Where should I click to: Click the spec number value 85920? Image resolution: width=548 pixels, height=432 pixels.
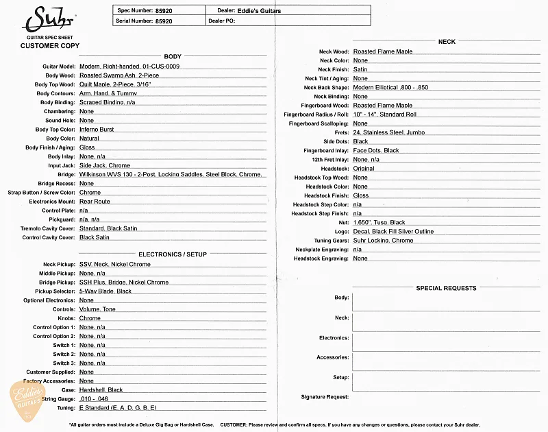tap(164, 11)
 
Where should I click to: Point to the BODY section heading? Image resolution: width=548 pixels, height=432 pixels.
tap(173, 56)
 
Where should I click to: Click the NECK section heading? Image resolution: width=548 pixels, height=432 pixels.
tap(447, 42)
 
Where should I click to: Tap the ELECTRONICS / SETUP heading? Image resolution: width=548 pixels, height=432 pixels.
tap(172, 254)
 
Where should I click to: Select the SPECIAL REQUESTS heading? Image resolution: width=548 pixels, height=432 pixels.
tap(447, 288)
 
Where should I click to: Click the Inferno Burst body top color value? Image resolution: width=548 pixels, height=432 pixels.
tap(97, 130)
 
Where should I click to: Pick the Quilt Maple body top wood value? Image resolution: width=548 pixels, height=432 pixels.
tap(114, 84)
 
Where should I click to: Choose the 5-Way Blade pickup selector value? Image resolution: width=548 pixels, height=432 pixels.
tap(105, 291)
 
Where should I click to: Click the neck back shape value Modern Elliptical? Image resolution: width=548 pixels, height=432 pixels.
tap(390, 88)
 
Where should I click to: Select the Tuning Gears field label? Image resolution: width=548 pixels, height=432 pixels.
tap(331, 241)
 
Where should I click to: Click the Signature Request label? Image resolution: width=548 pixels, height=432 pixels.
tap(325, 397)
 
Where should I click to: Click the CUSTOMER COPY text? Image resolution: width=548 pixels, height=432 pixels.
tap(49, 46)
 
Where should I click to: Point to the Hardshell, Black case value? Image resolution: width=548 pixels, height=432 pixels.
tap(101, 389)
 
